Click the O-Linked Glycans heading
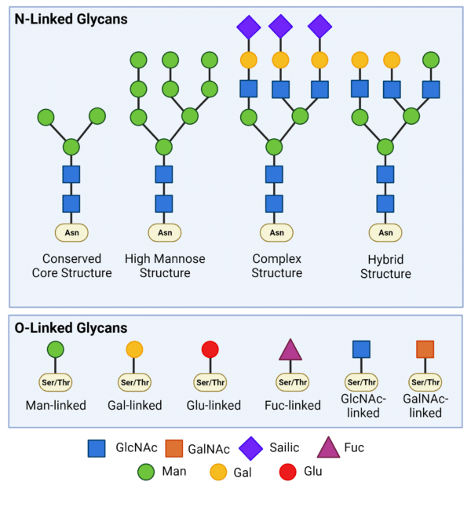coord(71,328)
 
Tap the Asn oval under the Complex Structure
coord(276,232)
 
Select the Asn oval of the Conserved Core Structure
coord(71,232)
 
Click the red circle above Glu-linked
coord(210,349)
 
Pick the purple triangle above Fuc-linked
coord(290,350)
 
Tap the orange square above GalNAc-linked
coord(425,349)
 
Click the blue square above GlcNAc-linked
coord(361,349)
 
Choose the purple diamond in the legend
coord(251,448)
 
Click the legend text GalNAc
coord(209,449)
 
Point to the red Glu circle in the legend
coord(288,472)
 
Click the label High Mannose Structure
coord(165,265)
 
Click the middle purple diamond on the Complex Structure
coord(280,27)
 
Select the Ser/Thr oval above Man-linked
coord(55,383)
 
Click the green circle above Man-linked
coord(55,349)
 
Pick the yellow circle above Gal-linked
coord(134,349)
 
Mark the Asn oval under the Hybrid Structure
coord(385,232)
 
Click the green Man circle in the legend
coord(144,472)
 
